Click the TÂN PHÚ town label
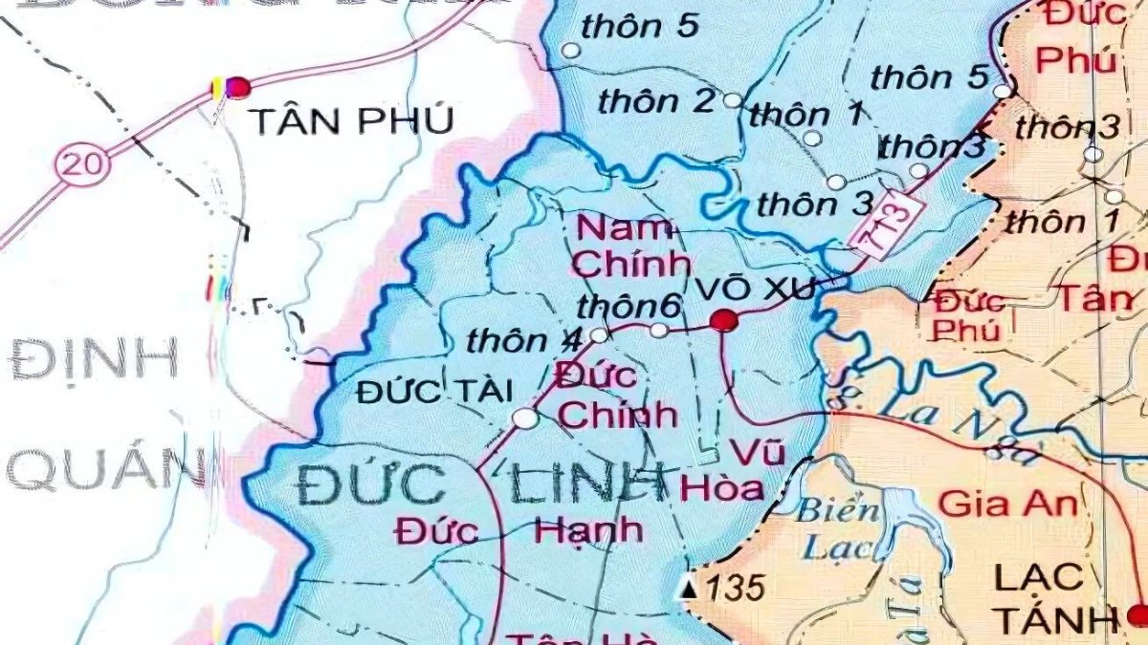coord(350,121)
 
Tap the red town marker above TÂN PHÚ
coord(237,88)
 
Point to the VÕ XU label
coord(756,288)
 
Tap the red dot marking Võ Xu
coord(724,320)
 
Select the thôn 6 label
coord(629,308)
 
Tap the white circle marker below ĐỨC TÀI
coord(524,419)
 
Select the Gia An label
coord(1007,503)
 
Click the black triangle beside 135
coord(688,589)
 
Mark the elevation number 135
coord(736,588)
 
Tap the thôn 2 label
coord(657,100)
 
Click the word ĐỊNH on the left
coord(94,361)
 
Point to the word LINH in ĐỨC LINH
coord(586,485)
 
